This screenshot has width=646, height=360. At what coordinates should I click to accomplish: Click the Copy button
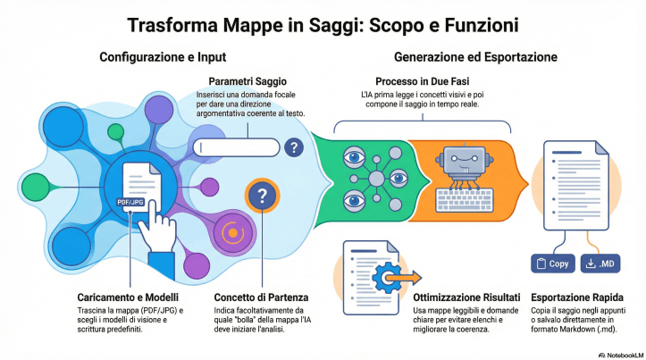(x=552, y=264)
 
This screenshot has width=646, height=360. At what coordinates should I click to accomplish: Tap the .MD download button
(x=600, y=264)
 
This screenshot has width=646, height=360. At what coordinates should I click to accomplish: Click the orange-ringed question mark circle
(x=260, y=196)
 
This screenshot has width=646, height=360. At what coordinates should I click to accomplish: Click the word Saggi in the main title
(x=316, y=24)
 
